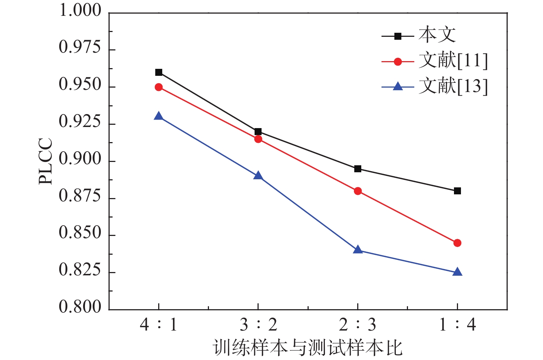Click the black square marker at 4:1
tap(159, 72)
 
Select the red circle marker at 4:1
tap(159, 87)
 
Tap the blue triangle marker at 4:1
tap(159, 117)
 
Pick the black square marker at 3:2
tap(258, 132)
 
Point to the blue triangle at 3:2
tap(258, 176)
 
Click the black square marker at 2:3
tap(358, 169)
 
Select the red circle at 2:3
tap(358, 191)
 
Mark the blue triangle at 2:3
tap(358, 250)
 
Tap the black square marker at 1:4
tap(457, 191)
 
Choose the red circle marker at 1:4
tap(457, 243)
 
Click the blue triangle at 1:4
tap(457, 272)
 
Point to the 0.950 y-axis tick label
tap(80, 85)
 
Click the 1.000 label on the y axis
tap(80, 11)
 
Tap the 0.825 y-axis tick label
tap(80, 270)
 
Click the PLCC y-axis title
tap(46, 161)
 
